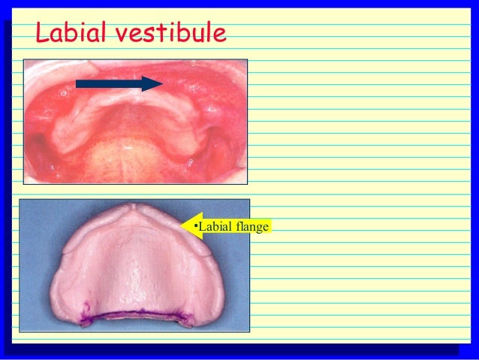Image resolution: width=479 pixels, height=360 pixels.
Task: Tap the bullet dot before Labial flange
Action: coord(195,226)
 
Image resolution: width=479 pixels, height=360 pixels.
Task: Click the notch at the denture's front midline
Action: coord(132,208)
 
